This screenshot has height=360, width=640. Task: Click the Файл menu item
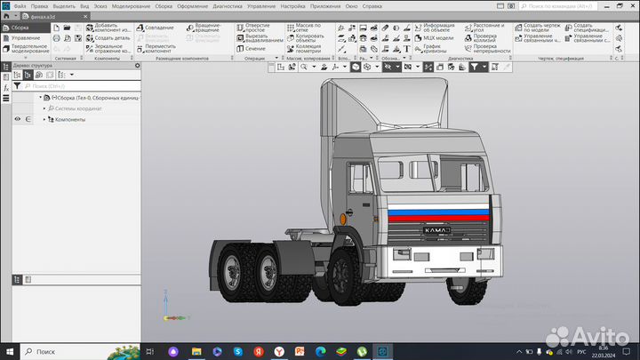(x=20, y=6)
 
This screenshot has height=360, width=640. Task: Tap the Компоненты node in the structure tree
(x=70, y=119)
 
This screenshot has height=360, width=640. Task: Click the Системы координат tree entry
(x=78, y=108)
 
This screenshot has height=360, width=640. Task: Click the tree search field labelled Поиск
(x=80, y=86)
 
